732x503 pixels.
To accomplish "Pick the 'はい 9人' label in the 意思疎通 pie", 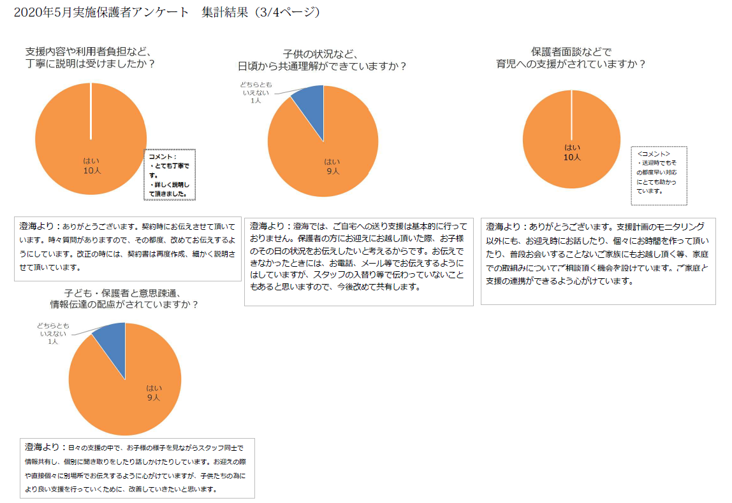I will pos(154,392).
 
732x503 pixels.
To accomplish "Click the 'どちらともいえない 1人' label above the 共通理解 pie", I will pos(255,92).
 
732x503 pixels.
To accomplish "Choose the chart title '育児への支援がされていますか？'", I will pos(571,64).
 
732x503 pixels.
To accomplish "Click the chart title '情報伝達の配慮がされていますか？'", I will pos(124,304).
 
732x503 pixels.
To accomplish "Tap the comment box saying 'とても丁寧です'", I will pos(170,174).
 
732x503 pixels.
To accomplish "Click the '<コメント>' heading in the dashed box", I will pos(654,153).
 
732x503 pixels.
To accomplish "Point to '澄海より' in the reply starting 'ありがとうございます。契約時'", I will pos(40,226).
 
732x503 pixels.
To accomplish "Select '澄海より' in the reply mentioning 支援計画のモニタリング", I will pos(506,226).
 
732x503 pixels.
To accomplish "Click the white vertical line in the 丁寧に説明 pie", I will pos(91,111).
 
